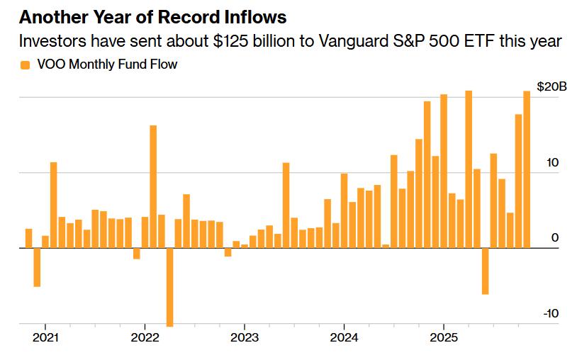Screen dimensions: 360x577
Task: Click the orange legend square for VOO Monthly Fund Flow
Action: pos(26,65)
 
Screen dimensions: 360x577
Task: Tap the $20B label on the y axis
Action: pos(551,86)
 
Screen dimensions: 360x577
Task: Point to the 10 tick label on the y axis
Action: pos(552,162)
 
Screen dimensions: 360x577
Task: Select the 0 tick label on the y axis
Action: pos(555,238)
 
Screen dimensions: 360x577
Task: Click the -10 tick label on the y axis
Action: pos(551,314)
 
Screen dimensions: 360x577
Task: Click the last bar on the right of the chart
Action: pos(527,169)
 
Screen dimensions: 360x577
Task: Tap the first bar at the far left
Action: pos(28,238)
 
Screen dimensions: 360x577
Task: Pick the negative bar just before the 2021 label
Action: pos(37,267)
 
